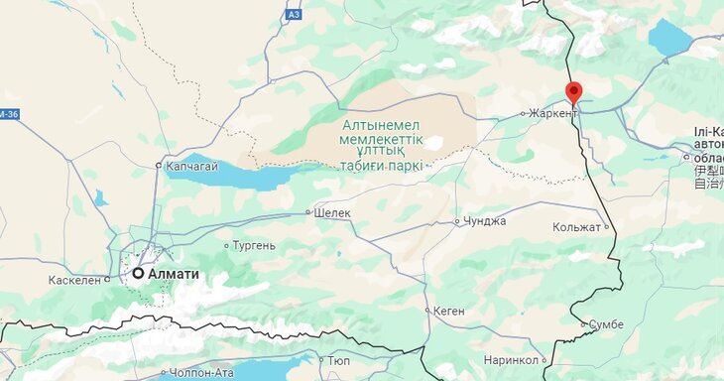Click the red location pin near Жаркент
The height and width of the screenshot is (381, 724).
coord(573,93)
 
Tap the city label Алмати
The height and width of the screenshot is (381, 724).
coord(174,274)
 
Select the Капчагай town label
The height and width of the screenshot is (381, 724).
coord(191,166)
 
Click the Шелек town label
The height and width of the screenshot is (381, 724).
coord(332,212)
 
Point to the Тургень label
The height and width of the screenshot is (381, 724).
coord(254,245)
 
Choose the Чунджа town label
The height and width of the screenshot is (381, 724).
coord(485,221)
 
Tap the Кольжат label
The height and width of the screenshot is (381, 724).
coord(576,227)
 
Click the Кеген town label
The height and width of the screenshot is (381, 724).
coord(449,311)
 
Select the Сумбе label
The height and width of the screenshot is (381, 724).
coord(606,324)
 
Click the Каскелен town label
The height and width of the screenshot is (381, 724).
coord(74,280)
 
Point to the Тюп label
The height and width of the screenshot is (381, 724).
coord(338,361)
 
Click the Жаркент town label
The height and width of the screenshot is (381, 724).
coord(553,113)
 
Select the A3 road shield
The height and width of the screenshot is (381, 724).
coord(293,15)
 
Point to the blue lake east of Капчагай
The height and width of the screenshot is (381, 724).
coord(248,175)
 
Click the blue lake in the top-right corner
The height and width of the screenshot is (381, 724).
coord(670,38)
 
